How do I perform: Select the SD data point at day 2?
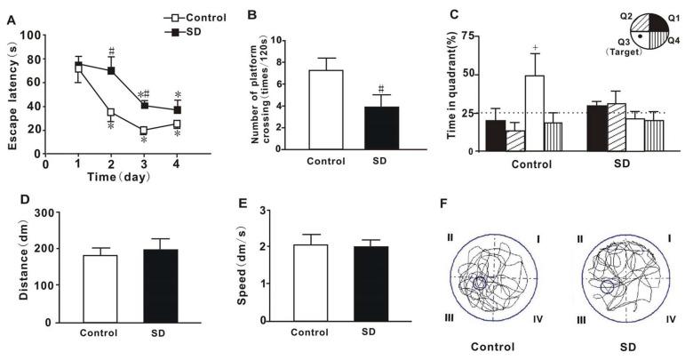click(112, 70)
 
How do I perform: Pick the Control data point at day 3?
click(143, 130)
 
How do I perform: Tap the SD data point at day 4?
click(178, 109)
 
